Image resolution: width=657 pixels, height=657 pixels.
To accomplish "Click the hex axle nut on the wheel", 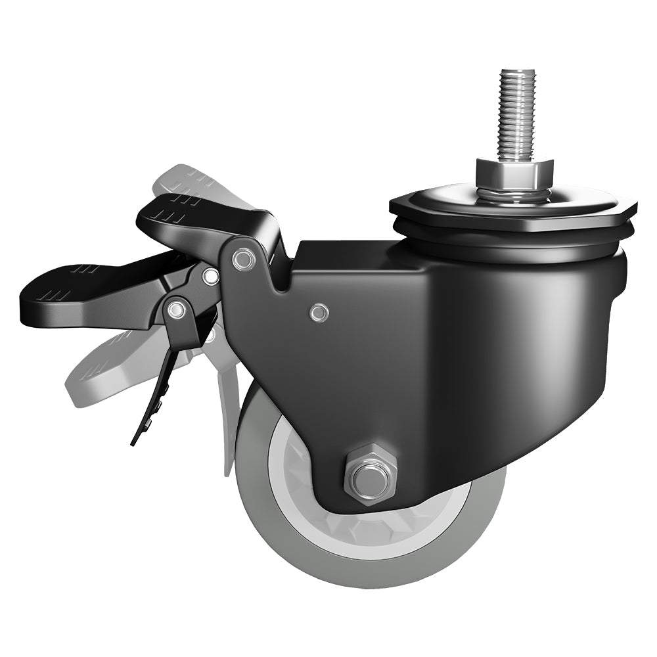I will [369, 472].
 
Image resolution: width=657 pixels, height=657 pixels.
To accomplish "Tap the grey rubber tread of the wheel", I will [309, 558].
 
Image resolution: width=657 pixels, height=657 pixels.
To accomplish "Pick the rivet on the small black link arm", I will [175, 309].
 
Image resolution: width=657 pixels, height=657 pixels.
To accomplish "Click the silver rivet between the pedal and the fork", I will [210, 276].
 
